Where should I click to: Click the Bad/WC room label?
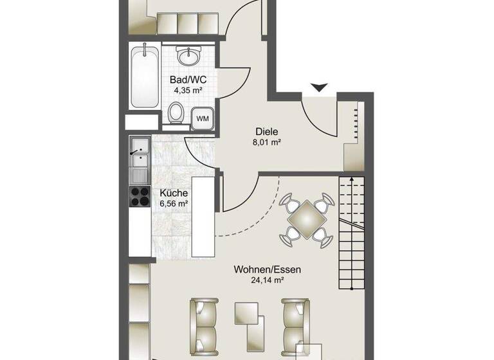coord(188,80)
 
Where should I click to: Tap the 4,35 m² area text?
coord(188,91)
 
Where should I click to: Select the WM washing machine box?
coord(202,118)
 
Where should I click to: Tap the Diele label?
coord(266,132)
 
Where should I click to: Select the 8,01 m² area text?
coord(266,143)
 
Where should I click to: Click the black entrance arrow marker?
coord(319,87)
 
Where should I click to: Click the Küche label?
coord(174,193)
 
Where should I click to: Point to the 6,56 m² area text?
coord(174,204)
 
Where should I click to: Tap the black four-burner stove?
coord(140,196)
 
